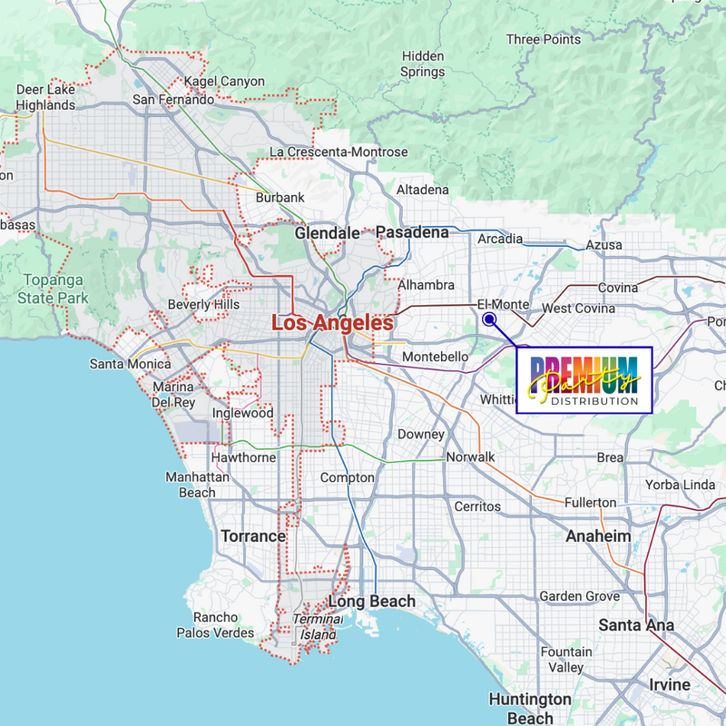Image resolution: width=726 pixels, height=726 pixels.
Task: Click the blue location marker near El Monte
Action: [488, 319]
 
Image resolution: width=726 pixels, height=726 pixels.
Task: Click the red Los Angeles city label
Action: [333, 322]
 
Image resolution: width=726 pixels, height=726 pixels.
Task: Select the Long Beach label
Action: [372, 601]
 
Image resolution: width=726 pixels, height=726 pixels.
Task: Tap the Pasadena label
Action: [413, 233]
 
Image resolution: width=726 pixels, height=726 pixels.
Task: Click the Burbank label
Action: [280, 198]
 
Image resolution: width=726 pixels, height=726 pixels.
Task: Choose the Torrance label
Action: [253, 535]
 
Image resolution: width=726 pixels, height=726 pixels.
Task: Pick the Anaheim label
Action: [598, 535]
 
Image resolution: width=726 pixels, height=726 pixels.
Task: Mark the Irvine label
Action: [670, 684]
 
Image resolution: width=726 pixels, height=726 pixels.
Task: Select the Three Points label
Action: [543, 40]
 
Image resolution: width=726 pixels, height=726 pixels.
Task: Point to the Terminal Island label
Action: [318, 626]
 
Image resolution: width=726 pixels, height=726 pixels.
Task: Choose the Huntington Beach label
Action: [530, 708]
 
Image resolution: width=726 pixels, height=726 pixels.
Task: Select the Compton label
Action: [348, 477]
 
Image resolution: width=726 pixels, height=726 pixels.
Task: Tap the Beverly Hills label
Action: [204, 305]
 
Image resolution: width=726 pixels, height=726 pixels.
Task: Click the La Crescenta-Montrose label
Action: [339, 152]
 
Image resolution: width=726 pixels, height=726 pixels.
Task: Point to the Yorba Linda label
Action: [680, 485]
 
